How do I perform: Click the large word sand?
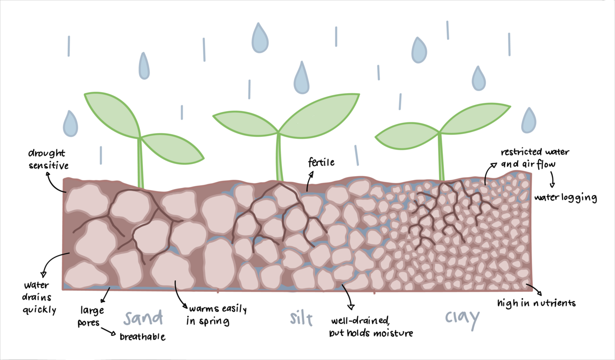tap(142, 318)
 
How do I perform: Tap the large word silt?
tap(299, 319)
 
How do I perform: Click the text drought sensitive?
tap(48, 159)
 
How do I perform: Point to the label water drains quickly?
tap(39, 297)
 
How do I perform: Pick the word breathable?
tap(143, 337)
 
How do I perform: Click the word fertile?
tap(321, 163)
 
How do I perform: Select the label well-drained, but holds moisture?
tap(371, 327)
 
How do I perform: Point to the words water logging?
tap(565, 198)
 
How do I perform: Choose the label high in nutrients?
tap(537, 303)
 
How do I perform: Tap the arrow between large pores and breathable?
tap(109, 331)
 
